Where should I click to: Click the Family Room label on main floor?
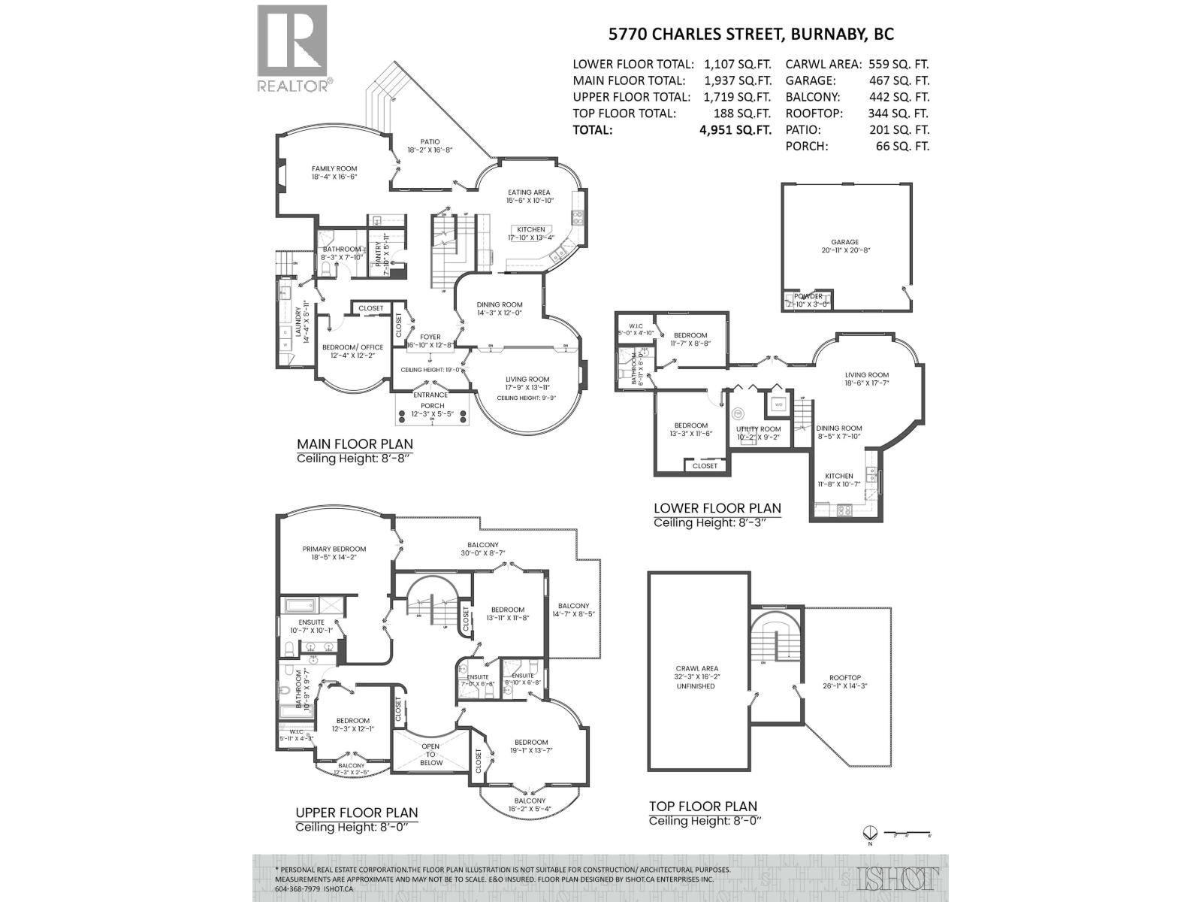334,168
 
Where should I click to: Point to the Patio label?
430,141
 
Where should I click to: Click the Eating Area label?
529,192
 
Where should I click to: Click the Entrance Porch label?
432,400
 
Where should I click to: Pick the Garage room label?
844,242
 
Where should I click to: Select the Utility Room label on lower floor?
758,429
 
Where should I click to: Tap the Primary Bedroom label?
334,549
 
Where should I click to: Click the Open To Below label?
431,754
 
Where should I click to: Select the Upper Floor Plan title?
356,813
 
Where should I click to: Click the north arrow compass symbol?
870,834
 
